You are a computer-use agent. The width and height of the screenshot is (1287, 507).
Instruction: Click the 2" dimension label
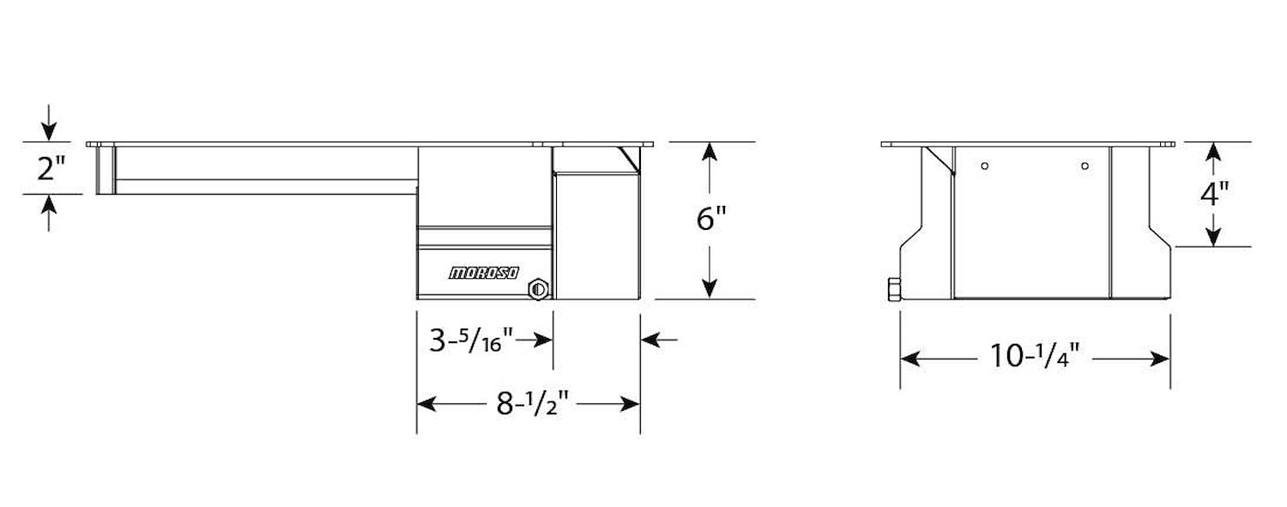51,168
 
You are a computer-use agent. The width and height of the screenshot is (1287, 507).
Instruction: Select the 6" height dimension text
711,218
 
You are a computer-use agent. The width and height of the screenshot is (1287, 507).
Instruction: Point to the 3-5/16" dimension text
471,340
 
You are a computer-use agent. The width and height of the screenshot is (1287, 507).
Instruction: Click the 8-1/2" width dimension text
533,404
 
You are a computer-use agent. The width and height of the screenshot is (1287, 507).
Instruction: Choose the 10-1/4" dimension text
1035,355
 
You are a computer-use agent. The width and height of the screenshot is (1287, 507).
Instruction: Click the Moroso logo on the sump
484,273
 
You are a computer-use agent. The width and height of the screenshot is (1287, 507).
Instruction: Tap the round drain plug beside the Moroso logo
538,289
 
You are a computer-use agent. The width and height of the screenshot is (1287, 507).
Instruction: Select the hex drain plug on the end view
894,290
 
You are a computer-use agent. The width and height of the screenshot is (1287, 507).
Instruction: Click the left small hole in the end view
985,166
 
